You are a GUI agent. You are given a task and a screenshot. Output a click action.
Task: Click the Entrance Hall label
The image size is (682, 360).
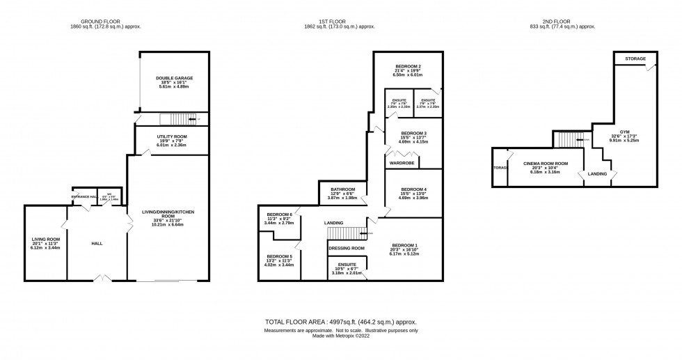pos(84,197)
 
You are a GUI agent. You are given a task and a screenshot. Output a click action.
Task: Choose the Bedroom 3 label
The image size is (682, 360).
pos(414,133)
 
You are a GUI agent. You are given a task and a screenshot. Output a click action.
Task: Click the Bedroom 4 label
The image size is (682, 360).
pos(414,189)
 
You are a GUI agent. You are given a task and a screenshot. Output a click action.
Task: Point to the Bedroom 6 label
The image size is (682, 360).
pos(280,214)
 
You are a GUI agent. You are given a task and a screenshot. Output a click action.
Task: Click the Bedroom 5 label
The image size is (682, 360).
pos(280,256)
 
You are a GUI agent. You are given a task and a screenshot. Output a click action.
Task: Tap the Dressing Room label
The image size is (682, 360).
pos(347,248)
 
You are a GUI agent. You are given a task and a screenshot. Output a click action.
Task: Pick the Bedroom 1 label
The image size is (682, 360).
pos(404,246)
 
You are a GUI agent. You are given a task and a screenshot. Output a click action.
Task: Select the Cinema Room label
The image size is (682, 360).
pos(546,164)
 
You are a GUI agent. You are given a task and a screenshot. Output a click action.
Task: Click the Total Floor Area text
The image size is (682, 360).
pos(340,322)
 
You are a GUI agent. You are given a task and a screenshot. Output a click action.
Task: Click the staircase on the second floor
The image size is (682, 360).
pos(568,139)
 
